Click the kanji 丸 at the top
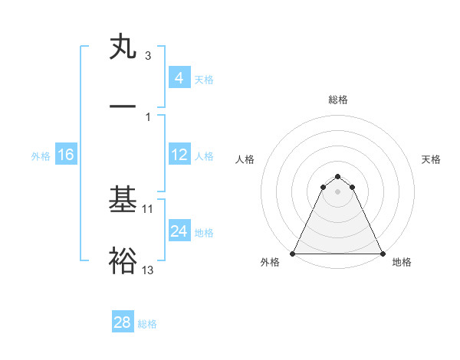coord(123,47)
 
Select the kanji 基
coord(123,201)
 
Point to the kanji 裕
coord(123,261)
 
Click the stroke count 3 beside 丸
coord(148,56)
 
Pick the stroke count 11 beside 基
coord(148,208)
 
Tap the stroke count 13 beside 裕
coord(148,270)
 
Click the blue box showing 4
coord(179,78)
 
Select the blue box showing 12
coord(179,155)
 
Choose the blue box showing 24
coord(179,231)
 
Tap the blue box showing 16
coord(65,155)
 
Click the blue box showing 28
coord(123,322)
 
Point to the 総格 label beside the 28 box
coord(148,324)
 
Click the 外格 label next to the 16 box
coord(41,156)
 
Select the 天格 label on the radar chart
coord(431,159)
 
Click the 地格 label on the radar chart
coord(402,263)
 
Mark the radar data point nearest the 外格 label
coord(293,254)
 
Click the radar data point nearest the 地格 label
coord(382,254)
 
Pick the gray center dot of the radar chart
coord(337,191)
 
